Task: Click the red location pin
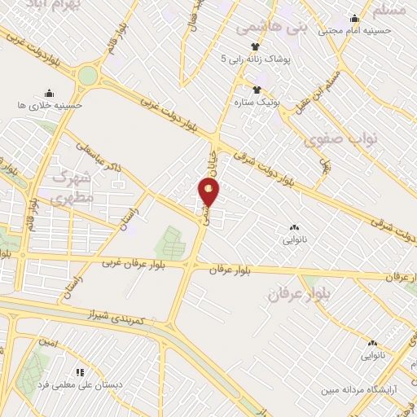click(x=209, y=193)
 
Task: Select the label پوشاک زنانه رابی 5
click(x=255, y=59)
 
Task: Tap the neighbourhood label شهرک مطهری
click(x=72, y=187)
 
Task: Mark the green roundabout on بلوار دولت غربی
click(x=87, y=77)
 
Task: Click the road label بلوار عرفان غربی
click(x=134, y=263)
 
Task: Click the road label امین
click(x=49, y=343)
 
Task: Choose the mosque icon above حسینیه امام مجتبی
click(x=354, y=19)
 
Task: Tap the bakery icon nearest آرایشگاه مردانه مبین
click(x=373, y=344)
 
